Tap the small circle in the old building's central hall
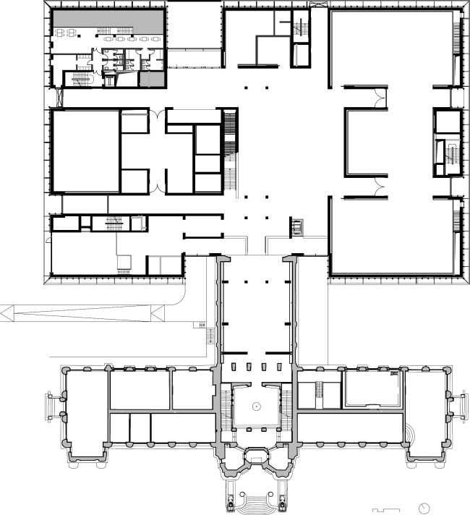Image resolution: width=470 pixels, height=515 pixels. pyautogui.click(x=256, y=407)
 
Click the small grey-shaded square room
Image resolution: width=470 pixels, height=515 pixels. pyautogui.click(x=150, y=79)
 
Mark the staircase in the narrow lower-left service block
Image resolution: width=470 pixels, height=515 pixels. pyautogui.click(x=114, y=223)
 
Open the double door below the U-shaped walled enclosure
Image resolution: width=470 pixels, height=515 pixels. pyautogui.click(x=377, y=190)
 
